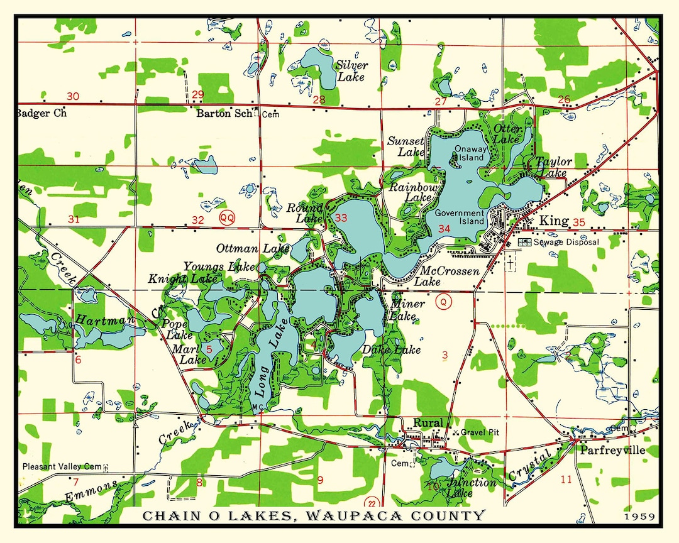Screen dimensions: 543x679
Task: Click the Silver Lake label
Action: [352, 70]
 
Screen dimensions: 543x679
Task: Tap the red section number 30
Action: [74, 96]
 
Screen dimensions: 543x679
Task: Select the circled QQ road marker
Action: [227, 217]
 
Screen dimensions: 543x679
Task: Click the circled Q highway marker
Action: [443, 302]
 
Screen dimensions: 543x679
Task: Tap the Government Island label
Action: [460, 217]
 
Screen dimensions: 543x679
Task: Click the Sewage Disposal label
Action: [566, 242]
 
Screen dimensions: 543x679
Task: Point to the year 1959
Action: [640, 517]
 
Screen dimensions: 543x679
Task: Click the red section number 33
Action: [341, 218]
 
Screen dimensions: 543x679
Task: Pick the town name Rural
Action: [428, 422]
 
